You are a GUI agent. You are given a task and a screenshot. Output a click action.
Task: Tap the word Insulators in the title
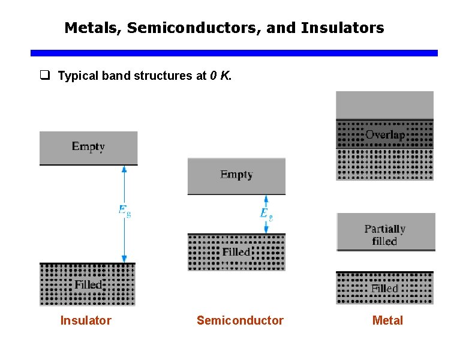coord(342,28)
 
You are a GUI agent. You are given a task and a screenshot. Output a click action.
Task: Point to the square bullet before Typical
coord(44,76)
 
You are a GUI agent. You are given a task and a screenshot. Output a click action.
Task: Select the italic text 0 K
coord(220,76)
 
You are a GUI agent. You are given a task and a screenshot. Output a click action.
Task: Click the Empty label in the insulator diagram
coord(88,146)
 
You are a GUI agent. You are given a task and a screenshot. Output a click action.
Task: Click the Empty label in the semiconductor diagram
coord(236,175)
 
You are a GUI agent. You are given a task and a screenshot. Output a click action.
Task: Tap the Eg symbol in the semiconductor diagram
coord(266,214)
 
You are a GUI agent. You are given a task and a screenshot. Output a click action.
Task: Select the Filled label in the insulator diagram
coord(89,284)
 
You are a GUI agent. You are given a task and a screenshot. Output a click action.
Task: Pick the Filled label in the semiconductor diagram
coord(236,252)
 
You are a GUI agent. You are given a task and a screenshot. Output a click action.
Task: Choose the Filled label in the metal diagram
coord(384,289)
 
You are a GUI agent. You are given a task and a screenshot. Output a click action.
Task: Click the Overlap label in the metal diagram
coord(385,135)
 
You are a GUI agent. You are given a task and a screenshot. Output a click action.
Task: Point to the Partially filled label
coord(385,235)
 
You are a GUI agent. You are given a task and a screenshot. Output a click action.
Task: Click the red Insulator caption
coord(86,320)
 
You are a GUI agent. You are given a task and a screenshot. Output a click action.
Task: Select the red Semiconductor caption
coord(240,320)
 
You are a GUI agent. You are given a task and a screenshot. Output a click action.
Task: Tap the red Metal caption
coord(387,320)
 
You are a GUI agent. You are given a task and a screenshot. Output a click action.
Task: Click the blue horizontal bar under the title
coord(234,53)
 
